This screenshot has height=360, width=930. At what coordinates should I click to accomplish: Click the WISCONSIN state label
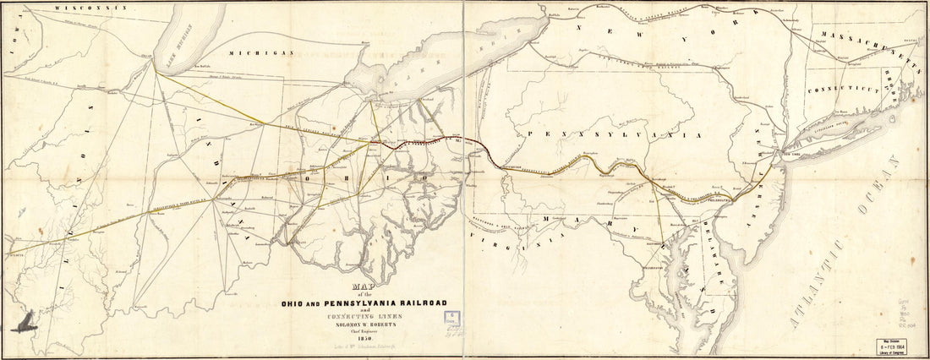coord(90,6)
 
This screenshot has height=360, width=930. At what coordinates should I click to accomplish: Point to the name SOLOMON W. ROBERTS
coord(373,321)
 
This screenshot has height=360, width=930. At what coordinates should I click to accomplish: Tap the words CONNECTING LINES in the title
coord(373,314)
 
